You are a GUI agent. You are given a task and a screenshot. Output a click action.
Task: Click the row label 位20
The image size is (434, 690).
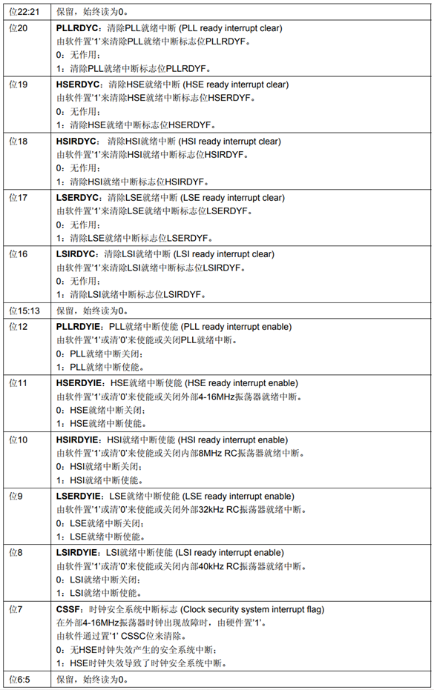pos(18,28)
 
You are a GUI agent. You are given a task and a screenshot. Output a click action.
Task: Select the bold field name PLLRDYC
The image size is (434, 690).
pos(77,28)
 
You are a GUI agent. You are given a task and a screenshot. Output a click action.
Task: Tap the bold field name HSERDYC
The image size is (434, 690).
pos(78,84)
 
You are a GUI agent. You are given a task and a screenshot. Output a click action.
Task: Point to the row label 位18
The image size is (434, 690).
pos(18,141)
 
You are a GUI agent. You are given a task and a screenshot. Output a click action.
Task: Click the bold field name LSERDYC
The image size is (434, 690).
pos(77,197)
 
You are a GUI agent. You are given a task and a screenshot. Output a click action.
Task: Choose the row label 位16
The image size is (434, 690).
pos(18,253)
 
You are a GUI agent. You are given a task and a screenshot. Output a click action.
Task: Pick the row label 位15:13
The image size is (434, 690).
pos(24,310)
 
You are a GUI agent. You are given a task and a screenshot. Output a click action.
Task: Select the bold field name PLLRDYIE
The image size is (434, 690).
pos(79,326)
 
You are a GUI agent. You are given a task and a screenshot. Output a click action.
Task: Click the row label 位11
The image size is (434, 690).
pos(18,382)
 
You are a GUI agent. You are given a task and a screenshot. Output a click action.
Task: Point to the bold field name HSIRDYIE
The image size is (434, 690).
pos(79,439)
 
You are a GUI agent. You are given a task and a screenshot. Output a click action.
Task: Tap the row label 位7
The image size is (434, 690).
pos(16,608)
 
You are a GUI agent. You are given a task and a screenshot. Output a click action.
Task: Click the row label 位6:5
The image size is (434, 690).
pos(21,679)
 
